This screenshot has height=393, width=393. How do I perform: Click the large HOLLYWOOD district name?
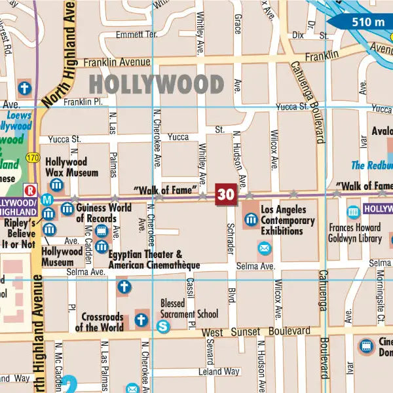(157, 84)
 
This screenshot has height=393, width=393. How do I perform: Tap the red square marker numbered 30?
(226, 195)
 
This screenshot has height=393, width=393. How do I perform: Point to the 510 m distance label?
(367, 22)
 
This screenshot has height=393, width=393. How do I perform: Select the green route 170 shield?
(33, 158)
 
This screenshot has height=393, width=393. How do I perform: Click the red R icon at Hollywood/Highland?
(29, 190)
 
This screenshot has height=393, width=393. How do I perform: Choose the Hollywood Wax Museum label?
(66, 168)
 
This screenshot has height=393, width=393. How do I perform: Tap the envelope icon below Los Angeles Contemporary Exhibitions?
(264, 248)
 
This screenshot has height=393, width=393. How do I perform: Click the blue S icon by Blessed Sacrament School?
(163, 326)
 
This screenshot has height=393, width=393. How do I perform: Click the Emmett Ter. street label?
(136, 34)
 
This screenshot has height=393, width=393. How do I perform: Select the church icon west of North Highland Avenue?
(25, 88)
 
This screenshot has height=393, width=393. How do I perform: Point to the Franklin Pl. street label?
(83, 102)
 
